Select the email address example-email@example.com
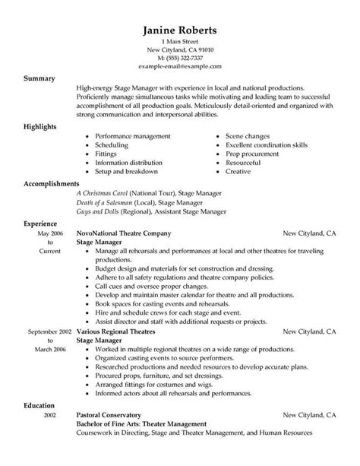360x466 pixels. (x=179, y=66)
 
